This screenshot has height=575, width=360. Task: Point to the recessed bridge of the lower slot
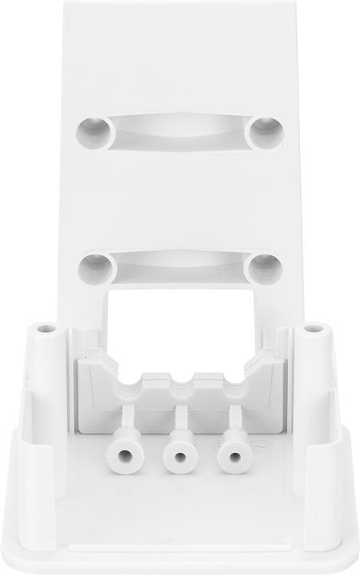click(x=180, y=262)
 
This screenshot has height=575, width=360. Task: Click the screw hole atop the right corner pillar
click(x=315, y=328)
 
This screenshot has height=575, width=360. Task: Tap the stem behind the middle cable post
click(x=180, y=417)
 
